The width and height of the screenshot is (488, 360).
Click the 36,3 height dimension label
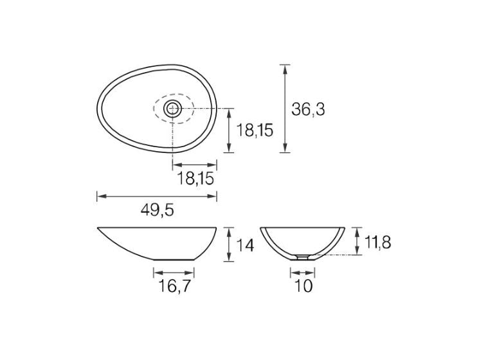tap(308, 109)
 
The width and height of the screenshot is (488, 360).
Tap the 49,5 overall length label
tap(158, 210)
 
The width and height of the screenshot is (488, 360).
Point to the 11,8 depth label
tap(377, 242)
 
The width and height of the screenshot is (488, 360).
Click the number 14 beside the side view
tap(245, 245)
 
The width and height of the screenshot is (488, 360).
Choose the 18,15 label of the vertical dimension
tap(255, 130)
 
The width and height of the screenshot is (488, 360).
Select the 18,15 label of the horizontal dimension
tap(195, 179)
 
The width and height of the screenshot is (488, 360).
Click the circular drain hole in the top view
tap(173, 109)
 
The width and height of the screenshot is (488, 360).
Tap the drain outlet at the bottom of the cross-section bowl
tap(302, 256)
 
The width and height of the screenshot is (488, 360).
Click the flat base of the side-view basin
tap(174, 260)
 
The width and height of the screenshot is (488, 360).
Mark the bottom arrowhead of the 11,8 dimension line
tap(357, 252)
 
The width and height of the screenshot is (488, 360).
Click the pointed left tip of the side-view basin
tap(98, 228)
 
